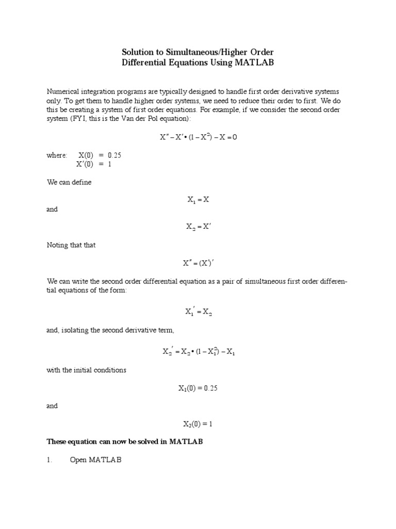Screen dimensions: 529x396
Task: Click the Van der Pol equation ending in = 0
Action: tap(197, 137)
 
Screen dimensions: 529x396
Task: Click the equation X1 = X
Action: tap(197, 199)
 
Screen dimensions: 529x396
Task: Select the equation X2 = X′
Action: tap(197, 226)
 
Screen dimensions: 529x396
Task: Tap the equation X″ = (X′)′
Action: tap(197, 263)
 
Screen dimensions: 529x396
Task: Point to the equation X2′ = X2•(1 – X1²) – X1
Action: tap(199, 351)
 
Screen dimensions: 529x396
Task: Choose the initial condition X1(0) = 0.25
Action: tap(198, 388)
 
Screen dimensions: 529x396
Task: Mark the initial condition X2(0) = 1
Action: tap(197, 424)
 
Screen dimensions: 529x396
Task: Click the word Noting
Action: tap(57, 245)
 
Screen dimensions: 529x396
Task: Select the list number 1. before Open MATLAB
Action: tap(49, 460)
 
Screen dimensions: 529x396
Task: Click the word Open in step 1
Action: tap(78, 460)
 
